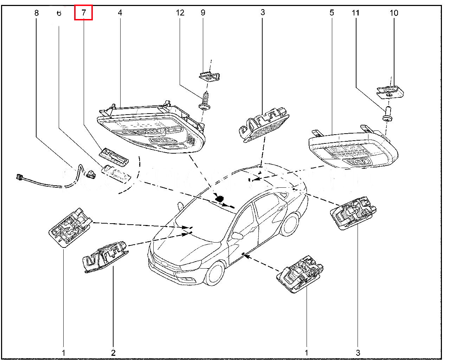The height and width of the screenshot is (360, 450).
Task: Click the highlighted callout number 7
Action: coord(83,13)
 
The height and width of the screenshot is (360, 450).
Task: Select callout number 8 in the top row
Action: coord(36,13)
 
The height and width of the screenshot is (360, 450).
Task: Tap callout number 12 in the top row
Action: coord(180,13)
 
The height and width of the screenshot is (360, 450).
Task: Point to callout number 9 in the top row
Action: coord(203,13)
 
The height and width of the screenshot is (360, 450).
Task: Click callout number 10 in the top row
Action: coord(394,13)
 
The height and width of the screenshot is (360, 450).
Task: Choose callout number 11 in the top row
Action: coord(356,13)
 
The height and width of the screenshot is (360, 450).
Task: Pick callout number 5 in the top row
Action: coord(332,13)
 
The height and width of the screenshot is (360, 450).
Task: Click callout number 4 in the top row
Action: coord(120,13)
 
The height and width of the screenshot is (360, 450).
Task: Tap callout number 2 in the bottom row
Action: coord(113,352)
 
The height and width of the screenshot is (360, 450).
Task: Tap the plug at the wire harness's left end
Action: coord(20,177)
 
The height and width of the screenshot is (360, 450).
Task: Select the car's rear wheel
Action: coord(290,224)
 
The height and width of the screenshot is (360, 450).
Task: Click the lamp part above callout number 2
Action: coord(105,257)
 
